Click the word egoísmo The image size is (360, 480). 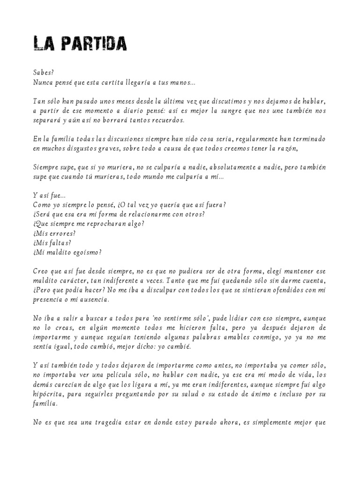point(84,252)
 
